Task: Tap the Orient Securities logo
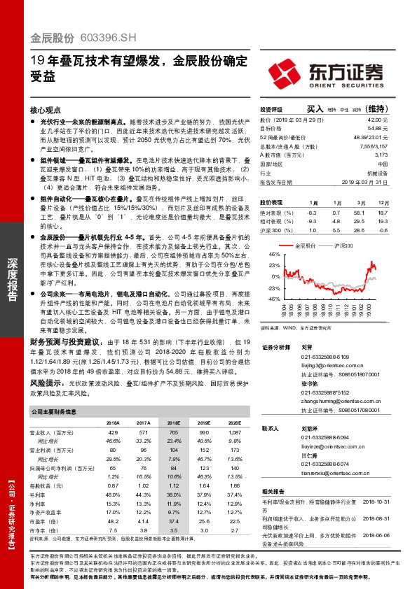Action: coord(340,72)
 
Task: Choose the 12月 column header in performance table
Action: coord(383,201)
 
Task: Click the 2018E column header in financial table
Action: coord(171,424)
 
